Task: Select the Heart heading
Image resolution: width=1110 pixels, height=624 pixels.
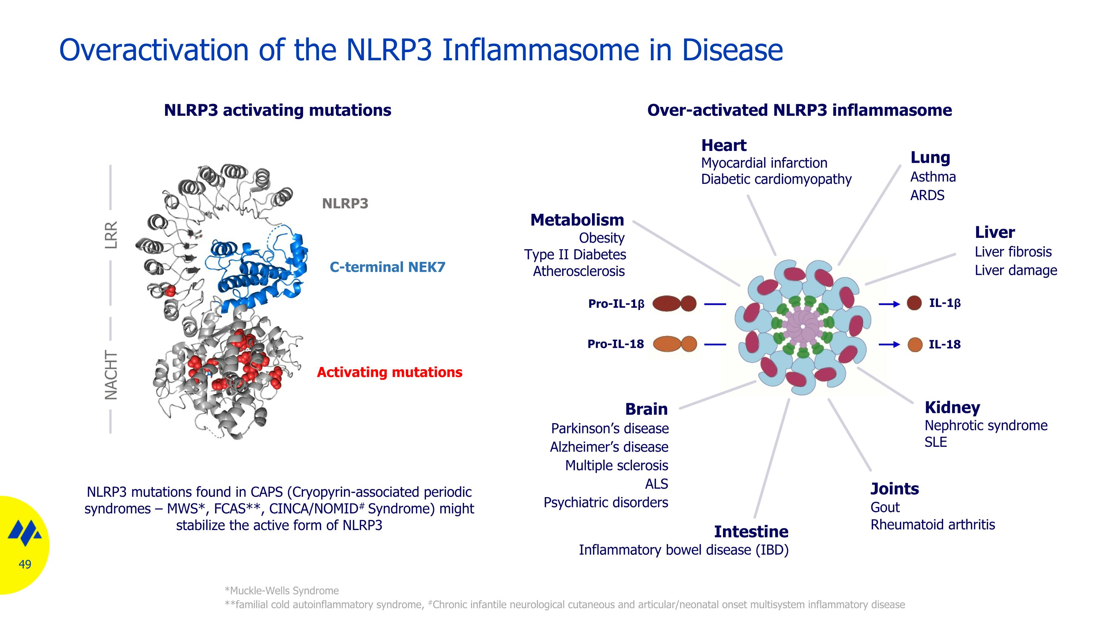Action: click(723, 146)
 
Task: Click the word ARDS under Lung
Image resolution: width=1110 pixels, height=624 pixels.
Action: click(927, 196)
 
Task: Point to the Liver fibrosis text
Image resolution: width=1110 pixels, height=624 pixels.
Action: click(1013, 252)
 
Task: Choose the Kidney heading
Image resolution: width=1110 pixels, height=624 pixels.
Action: click(952, 407)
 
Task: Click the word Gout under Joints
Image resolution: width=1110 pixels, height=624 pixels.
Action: click(885, 508)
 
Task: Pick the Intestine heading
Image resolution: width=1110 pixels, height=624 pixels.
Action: click(751, 532)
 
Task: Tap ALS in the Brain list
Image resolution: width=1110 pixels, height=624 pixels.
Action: click(656, 484)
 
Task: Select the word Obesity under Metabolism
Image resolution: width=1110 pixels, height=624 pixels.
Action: click(602, 238)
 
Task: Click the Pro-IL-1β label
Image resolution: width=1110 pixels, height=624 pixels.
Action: click(616, 304)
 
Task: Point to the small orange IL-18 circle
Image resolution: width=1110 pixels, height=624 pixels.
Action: click(915, 344)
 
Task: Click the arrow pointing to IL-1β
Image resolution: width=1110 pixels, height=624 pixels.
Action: click(889, 304)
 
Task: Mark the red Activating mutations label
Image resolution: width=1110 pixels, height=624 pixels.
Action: click(390, 372)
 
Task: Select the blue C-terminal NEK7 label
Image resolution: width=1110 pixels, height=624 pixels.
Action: click(387, 267)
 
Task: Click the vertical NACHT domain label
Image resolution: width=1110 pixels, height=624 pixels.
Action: click(111, 375)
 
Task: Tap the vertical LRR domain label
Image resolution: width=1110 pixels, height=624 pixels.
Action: click(111, 235)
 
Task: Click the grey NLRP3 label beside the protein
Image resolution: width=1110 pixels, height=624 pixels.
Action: click(345, 204)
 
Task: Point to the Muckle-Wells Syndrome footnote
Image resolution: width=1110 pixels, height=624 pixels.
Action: click(282, 591)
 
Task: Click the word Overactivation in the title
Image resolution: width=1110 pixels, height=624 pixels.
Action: click(154, 50)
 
